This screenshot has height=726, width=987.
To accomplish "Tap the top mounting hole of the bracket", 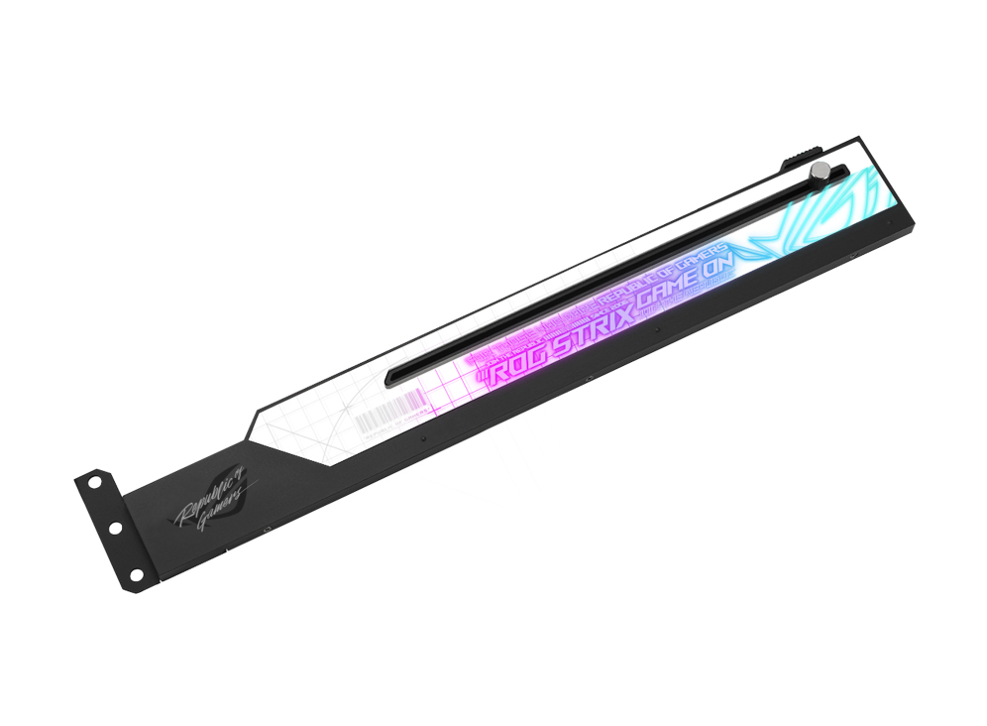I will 93,482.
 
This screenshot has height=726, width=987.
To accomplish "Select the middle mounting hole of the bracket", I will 117,527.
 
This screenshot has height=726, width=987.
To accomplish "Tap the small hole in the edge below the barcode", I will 423,437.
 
